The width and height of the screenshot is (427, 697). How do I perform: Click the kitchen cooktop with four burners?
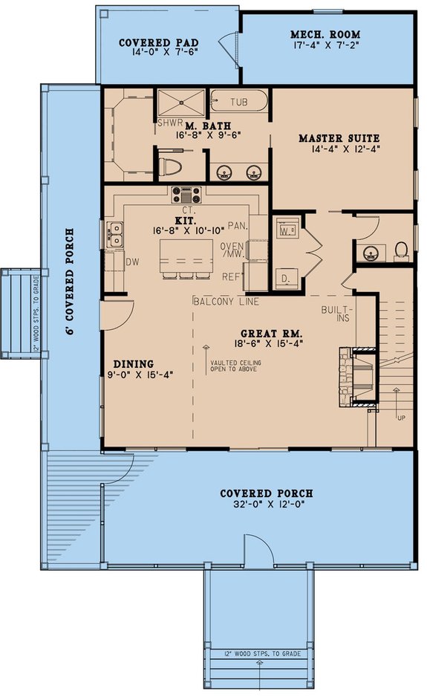coord(186,195)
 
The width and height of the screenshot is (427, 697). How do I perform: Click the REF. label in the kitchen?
coord(232,276)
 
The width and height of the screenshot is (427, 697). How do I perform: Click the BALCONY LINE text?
coord(225,301)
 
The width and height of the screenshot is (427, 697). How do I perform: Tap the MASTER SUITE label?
coord(339,138)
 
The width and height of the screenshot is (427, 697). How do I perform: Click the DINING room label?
coord(134,364)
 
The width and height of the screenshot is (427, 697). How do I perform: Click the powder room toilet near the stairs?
coord(401,250)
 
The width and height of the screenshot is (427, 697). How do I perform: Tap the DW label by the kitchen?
coord(133,262)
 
